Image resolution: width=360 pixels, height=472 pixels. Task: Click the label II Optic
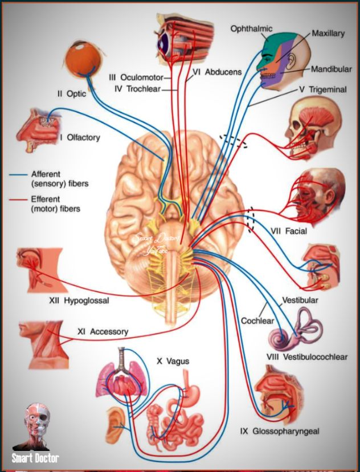point(72,93)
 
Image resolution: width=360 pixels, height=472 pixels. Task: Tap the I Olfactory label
point(80,138)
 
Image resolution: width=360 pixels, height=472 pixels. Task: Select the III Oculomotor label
point(136,77)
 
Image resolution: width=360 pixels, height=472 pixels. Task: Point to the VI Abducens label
point(216,72)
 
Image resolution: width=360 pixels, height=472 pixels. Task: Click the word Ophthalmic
point(252,29)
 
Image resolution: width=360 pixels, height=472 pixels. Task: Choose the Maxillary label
point(328,33)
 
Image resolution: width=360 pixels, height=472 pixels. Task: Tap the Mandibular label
point(332,69)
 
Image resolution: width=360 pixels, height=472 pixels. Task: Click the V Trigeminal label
point(323,89)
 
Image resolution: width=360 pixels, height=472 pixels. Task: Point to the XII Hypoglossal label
point(79,301)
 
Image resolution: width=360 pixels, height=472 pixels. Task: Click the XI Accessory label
point(103,332)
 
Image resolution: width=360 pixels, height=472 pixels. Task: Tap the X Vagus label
point(173,361)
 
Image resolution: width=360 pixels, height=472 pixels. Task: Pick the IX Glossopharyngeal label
point(280,432)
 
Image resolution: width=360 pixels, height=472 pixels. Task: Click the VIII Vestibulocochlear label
point(307,357)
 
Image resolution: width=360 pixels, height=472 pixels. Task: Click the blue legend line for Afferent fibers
point(18,175)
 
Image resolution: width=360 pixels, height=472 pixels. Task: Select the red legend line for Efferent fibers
point(18,200)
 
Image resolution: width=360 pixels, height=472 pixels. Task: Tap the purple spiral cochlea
point(280,339)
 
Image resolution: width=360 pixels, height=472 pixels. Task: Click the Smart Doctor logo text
point(35,458)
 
